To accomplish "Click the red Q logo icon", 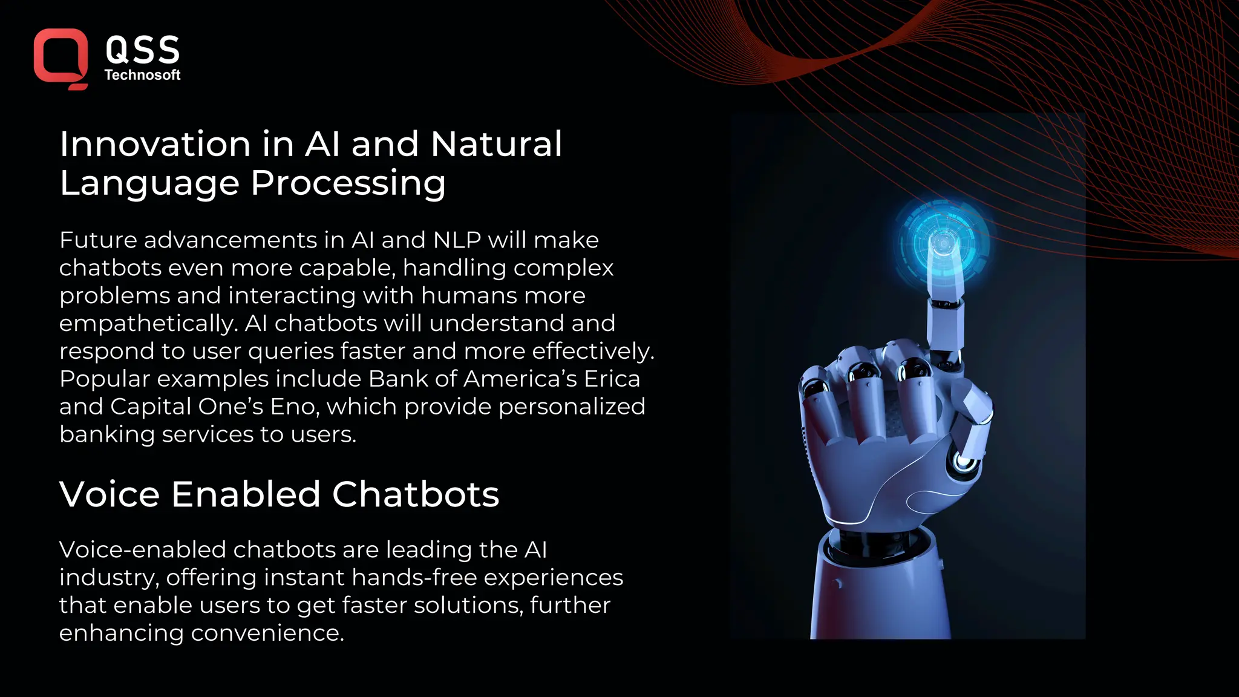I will point(60,58).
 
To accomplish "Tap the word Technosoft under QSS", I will point(142,75).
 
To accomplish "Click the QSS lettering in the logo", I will point(143,50).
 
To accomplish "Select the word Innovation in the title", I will point(155,145).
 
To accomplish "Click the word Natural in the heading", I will point(496,145).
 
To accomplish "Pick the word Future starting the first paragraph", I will point(98,240).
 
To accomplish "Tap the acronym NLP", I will point(457,240).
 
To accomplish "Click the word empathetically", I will point(148,324).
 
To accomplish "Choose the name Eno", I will point(293,407).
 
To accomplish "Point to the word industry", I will point(109,578).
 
